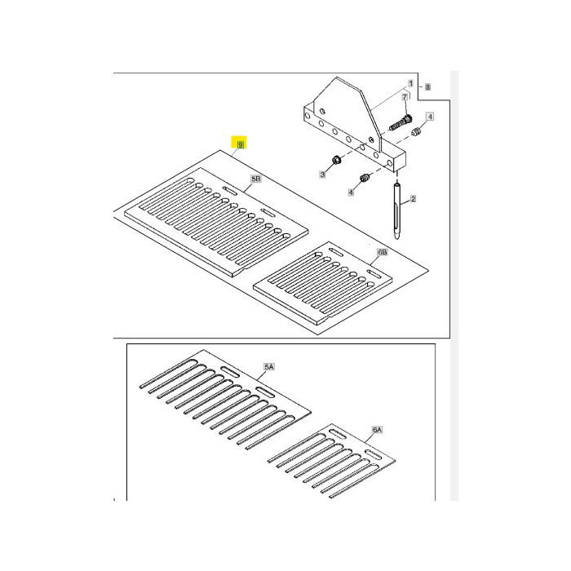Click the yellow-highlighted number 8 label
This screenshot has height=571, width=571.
239,144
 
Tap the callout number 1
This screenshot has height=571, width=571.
411,84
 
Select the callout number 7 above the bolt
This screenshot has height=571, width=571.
403,97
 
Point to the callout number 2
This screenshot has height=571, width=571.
413,199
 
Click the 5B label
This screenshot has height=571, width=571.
255,179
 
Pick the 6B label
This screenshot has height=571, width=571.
382,253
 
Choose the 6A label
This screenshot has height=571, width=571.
377,429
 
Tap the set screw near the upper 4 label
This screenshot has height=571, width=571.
416,132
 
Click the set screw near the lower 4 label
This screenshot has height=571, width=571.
365,179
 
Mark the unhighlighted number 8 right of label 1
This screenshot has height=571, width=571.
427,86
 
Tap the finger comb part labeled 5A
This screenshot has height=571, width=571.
220,396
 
